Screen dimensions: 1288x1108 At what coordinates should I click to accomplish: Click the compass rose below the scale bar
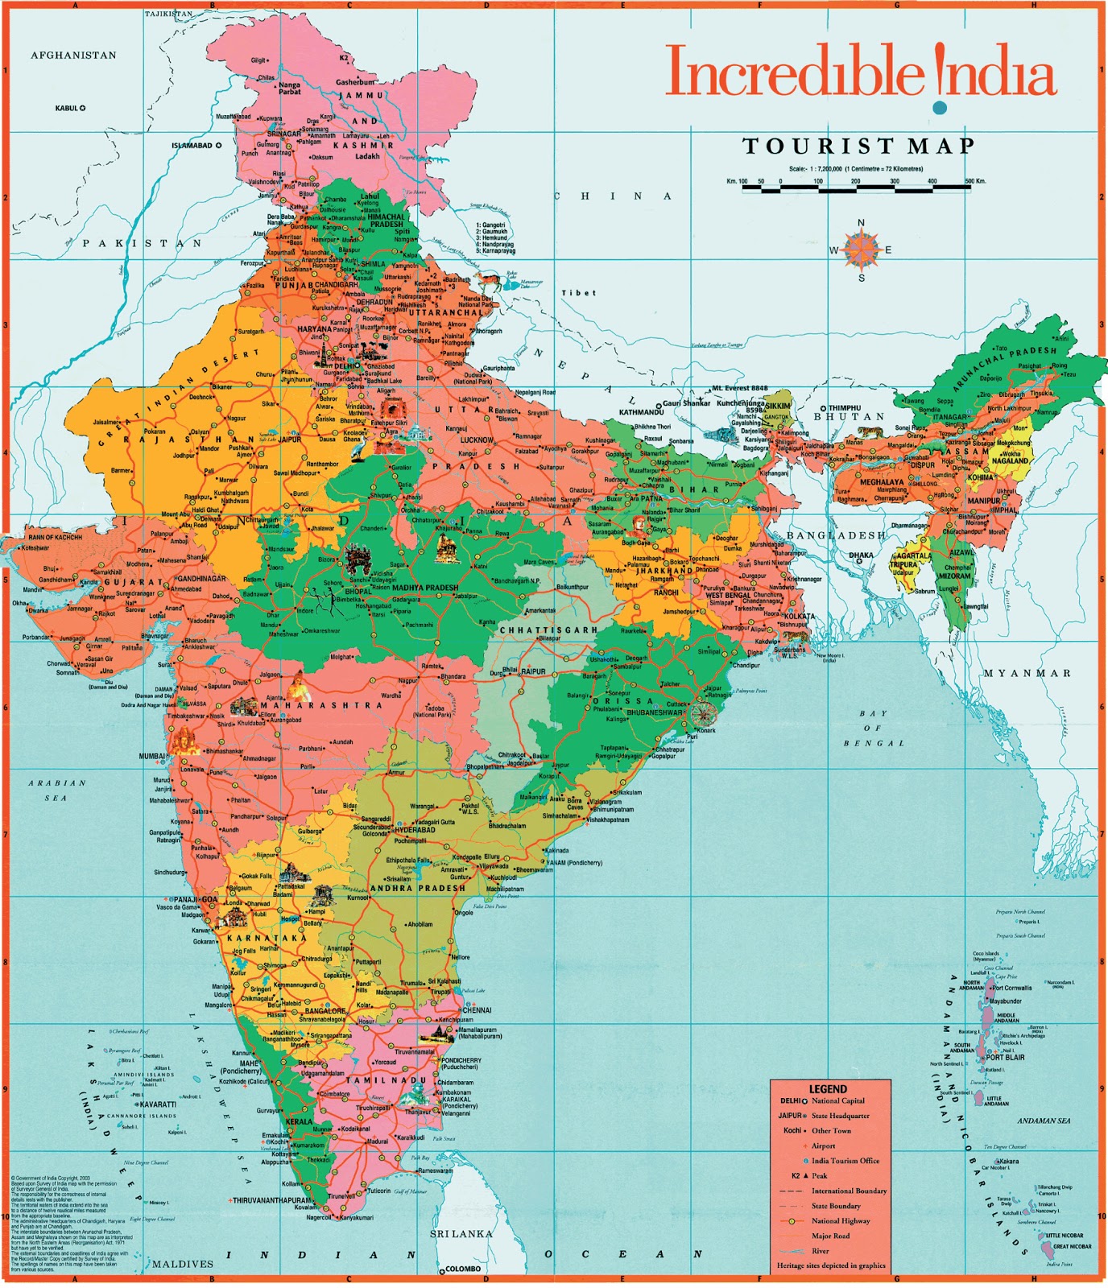pyautogui.click(x=861, y=250)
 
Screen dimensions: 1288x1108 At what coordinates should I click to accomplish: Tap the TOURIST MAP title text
pyautogui.click(x=858, y=147)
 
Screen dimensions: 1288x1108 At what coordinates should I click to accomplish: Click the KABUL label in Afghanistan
pyautogui.click(x=66, y=108)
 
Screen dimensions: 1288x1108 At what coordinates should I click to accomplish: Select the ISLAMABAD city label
pyautogui.click(x=192, y=146)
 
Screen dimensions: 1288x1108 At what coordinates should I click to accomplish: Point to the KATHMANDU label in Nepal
pyautogui.click(x=640, y=412)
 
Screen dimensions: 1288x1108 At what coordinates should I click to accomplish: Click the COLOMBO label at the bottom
pyautogui.click(x=462, y=1269)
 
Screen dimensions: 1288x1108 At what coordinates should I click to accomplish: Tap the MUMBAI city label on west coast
pyautogui.click(x=151, y=757)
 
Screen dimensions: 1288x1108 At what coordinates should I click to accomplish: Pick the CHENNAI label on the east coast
pyautogui.click(x=477, y=1009)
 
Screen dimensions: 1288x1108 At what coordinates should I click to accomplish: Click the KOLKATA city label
pyautogui.click(x=799, y=616)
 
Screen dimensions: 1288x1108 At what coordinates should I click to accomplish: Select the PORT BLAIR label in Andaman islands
pyautogui.click(x=1005, y=1057)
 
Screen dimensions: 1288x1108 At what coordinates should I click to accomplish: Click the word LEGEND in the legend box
pyautogui.click(x=828, y=1088)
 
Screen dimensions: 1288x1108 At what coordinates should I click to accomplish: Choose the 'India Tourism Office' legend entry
pyautogui.click(x=845, y=1161)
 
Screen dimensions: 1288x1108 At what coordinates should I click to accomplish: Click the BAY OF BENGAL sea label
pyautogui.click(x=874, y=728)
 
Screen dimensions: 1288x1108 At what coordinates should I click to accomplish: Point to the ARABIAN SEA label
pyautogui.click(x=56, y=790)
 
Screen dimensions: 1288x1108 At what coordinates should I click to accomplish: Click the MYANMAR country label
pyautogui.click(x=1027, y=673)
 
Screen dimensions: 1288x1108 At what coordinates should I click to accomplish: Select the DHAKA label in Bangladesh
pyautogui.click(x=861, y=555)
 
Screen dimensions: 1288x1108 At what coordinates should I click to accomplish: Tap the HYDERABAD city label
pyautogui.click(x=415, y=829)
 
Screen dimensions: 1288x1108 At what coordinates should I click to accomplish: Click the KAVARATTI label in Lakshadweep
pyautogui.click(x=156, y=1104)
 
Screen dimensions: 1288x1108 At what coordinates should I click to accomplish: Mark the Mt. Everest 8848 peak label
pyautogui.click(x=739, y=388)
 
